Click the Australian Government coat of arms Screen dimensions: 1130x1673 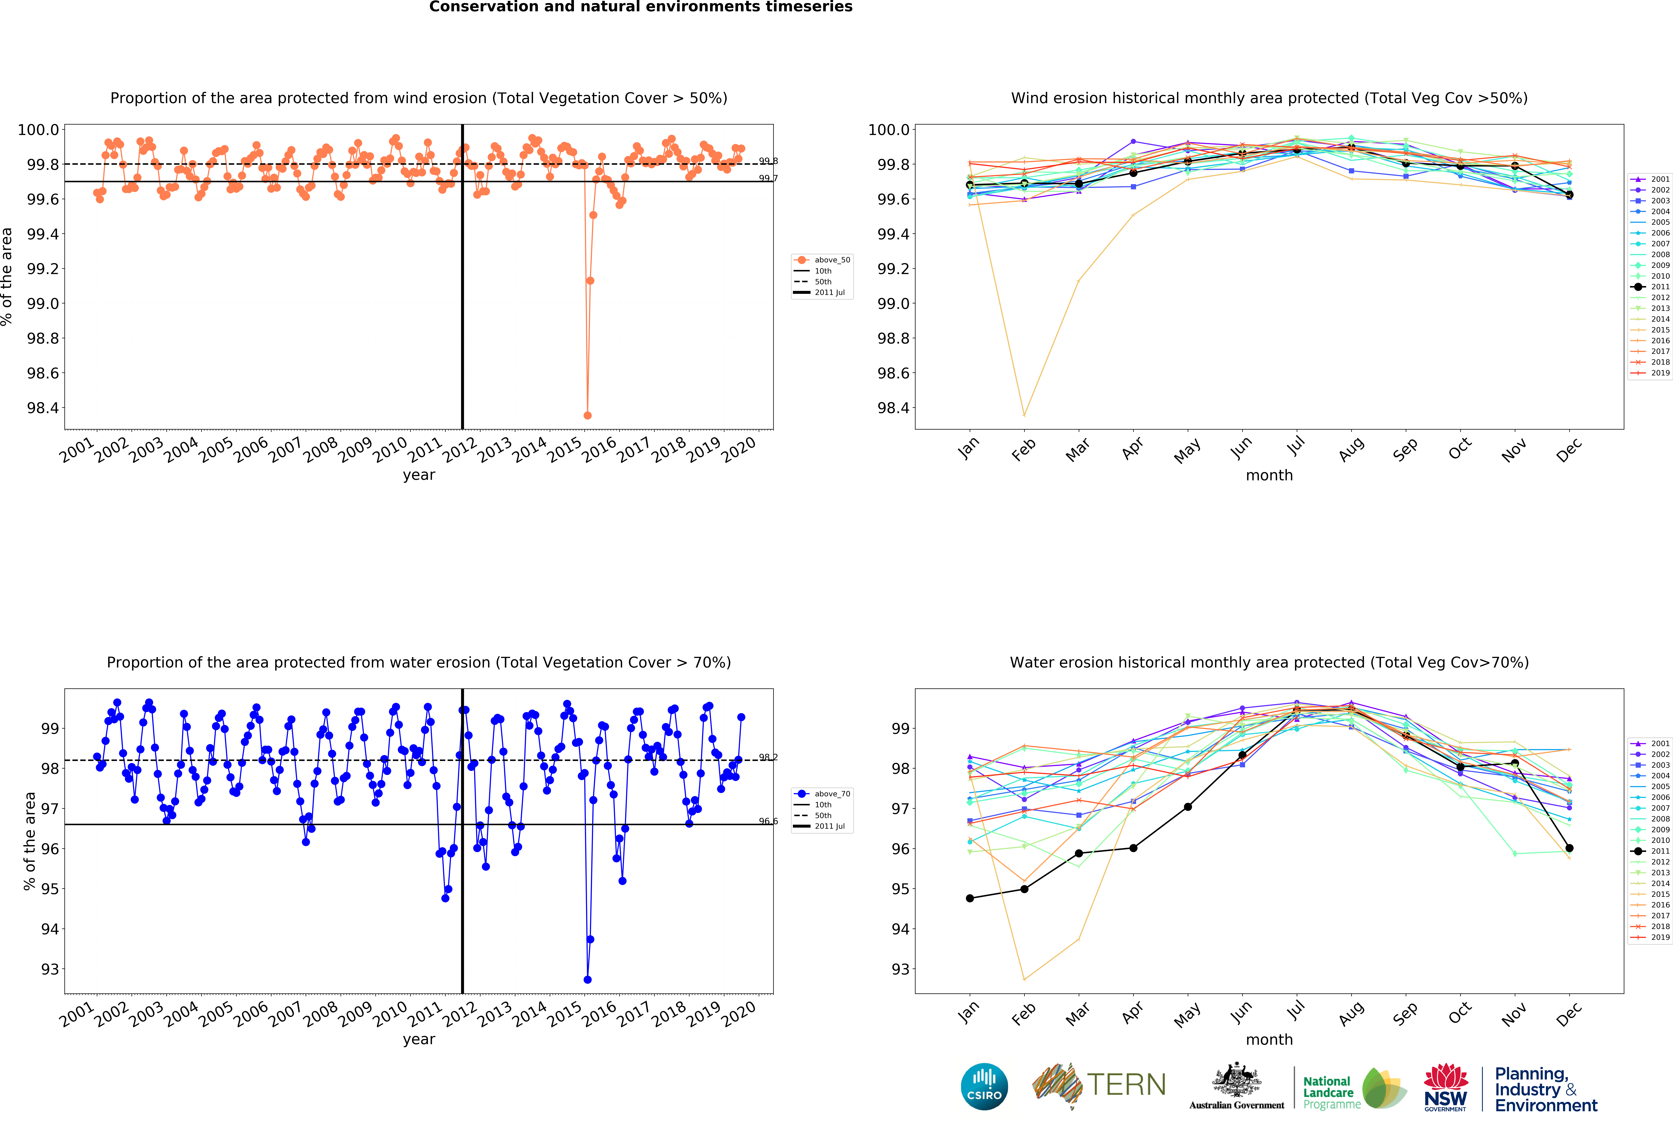[x=1236, y=1080]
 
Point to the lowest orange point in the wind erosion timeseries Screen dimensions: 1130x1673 [x=587, y=415]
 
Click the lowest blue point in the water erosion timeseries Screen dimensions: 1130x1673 [x=587, y=980]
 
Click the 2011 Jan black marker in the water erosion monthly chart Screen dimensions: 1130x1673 [x=970, y=898]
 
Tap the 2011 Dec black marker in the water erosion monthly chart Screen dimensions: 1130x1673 [x=1569, y=848]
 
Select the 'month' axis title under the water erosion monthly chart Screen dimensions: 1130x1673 [x=1269, y=1039]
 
